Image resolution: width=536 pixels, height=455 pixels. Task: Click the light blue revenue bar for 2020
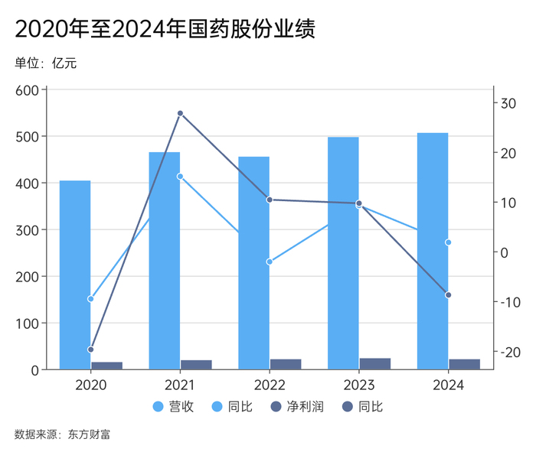75,275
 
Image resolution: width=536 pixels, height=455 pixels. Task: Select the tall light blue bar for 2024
433,252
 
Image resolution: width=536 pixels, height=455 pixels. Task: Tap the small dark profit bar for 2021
196,365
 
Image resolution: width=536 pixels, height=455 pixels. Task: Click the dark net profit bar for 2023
375,364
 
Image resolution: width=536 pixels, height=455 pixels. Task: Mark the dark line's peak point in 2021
180,113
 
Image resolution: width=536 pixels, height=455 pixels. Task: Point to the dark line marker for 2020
90,349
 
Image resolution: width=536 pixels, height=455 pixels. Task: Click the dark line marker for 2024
448,295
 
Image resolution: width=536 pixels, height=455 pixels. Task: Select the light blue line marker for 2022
270,262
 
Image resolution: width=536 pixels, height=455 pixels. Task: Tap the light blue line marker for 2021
180,177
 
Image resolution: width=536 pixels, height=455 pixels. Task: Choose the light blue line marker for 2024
448,242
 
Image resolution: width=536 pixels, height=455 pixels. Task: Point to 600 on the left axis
27,90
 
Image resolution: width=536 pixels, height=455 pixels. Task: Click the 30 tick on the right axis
508,103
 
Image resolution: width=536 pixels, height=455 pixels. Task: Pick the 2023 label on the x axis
358,385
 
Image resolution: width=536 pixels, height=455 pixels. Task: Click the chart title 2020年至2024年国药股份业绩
165,29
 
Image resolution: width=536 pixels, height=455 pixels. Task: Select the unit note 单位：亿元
45,63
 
